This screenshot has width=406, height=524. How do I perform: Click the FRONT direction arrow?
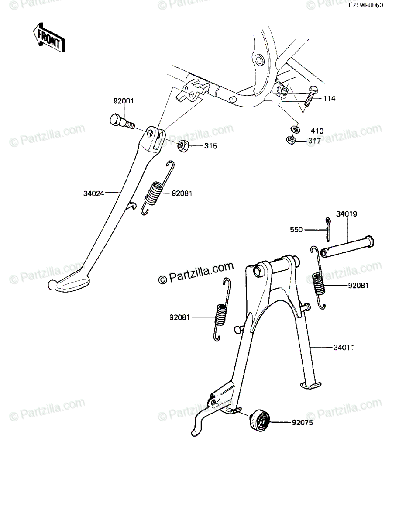tap(49, 38)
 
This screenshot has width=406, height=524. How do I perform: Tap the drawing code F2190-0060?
tap(365, 5)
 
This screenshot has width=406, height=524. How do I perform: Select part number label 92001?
tap(124, 101)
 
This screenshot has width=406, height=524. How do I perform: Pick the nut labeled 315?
tap(183, 145)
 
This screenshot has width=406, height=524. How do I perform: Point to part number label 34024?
tap(93, 193)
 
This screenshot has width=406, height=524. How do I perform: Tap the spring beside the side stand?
tap(156, 188)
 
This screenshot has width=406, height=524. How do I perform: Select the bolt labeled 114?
tap(310, 96)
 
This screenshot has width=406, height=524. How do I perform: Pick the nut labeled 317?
tap(291, 140)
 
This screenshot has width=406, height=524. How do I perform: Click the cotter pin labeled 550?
tap(327, 230)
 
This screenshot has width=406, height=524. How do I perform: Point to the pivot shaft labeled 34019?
tap(347, 247)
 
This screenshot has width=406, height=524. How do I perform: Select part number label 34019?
tap(347, 214)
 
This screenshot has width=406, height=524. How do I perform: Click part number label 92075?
tap(303, 423)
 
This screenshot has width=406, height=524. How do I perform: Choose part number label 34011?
tap(344, 348)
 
